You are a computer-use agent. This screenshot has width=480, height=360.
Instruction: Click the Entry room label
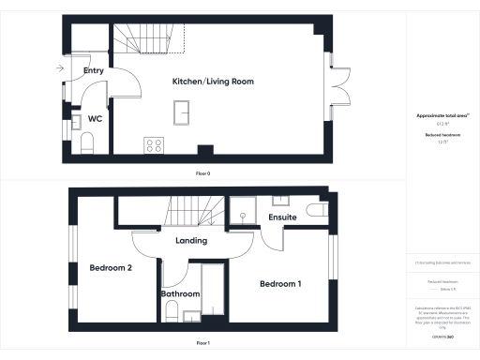coord(93,70)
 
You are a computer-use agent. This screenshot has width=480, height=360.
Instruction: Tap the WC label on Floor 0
coord(95,119)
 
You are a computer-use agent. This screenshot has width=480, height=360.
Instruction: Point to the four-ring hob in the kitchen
coord(154,145)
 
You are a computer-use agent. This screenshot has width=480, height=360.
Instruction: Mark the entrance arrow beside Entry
coord(60,68)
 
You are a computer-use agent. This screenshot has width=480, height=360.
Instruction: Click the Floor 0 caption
coord(202,174)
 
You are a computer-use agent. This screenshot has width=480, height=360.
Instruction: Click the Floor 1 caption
coord(202,344)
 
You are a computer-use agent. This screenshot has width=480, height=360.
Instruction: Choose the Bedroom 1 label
coord(280,284)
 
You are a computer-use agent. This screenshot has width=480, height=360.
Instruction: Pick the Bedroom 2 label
coord(110,268)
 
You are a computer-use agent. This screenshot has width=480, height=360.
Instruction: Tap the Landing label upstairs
coord(191,241)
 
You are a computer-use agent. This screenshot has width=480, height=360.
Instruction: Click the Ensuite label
coord(282,217)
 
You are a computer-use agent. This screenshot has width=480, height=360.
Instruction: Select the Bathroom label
coord(180,293)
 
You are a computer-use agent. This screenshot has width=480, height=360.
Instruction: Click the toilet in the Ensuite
coord(315,212)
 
